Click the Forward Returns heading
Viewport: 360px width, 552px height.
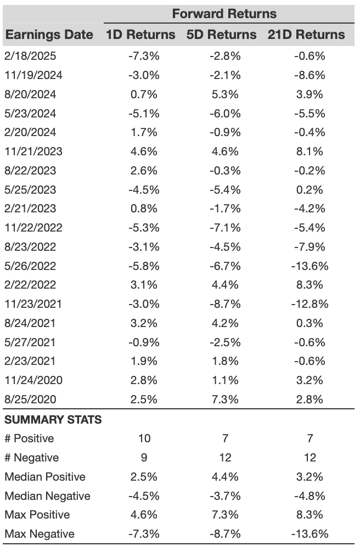(x=224, y=14)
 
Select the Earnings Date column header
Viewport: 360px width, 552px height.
(x=49, y=35)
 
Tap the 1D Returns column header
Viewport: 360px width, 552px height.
(x=140, y=35)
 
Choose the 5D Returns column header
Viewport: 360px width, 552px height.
(x=221, y=35)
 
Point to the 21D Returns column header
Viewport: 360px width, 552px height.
(x=306, y=35)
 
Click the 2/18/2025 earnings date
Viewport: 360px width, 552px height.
(x=30, y=56)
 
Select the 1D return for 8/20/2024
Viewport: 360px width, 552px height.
(x=144, y=94)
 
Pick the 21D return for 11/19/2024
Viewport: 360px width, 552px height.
(x=310, y=75)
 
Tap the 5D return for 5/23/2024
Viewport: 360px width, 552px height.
(x=225, y=114)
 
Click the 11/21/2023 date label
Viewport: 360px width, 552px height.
(x=33, y=151)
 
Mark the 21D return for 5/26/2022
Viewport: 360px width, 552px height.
(x=310, y=266)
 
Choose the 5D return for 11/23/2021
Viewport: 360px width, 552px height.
(x=225, y=304)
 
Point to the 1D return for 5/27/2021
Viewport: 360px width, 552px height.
(x=144, y=342)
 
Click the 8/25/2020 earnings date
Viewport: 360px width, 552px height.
(x=30, y=399)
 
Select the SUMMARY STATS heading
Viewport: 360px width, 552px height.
(x=53, y=420)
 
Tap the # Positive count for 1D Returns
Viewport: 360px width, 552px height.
(x=144, y=438)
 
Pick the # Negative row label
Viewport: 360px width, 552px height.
(x=32, y=458)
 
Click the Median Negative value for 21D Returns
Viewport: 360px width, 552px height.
(x=310, y=496)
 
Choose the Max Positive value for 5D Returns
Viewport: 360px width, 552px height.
(x=225, y=515)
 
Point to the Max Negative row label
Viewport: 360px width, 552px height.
(x=40, y=534)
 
